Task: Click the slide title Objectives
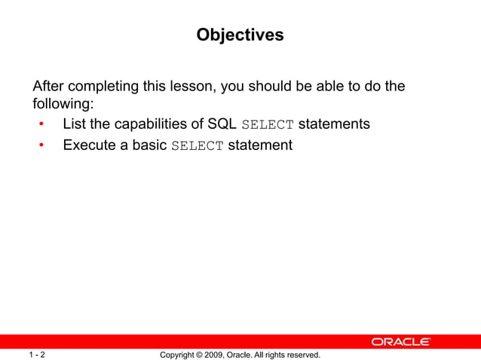[x=240, y=35]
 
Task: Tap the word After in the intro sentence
[x=49, y=87]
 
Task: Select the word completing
[x=106, y=87]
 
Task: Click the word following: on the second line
[x=63, y=104]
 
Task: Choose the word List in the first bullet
[x=75, y=124]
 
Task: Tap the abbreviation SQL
[x=222, y=124]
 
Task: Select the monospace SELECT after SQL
[x=267, y=124]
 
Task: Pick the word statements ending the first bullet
[x=334, y=124]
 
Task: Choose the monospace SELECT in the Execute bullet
[x=197, y=145]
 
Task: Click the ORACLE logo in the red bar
[x=400, y=342]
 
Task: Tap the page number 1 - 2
[x=37, y=354]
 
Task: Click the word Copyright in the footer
[x=179, y=354]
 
